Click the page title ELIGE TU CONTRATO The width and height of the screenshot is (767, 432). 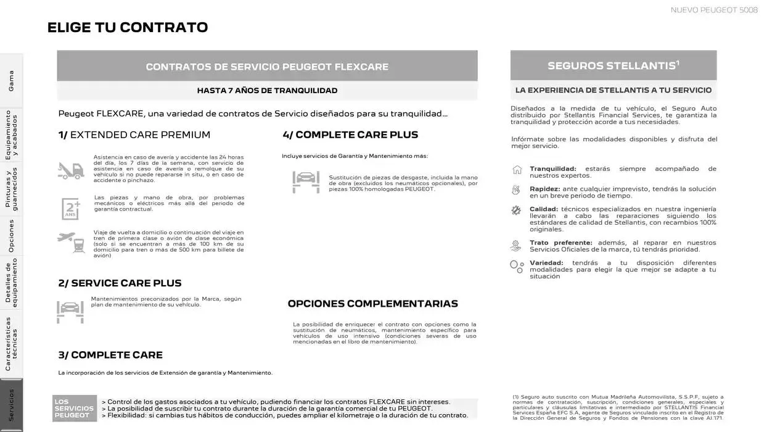coord(128,27)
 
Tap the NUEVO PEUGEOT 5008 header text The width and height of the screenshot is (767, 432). coord(714,10)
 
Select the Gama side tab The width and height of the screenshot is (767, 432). coord(11,81)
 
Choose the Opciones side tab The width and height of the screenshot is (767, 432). coord(11,235)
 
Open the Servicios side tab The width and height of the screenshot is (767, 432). coord(11,405)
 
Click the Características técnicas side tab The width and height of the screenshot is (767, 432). coord(11,344)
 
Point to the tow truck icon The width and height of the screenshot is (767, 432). coord(70,170)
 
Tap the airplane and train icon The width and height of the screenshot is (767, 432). coord(70,241)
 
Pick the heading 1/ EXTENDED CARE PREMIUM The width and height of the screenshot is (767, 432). coord(134,135)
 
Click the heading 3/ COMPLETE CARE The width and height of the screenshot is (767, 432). coord(110,355)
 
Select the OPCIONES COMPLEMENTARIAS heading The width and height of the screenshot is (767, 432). coord(372,304)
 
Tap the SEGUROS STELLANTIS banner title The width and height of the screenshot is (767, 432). coord(613,65)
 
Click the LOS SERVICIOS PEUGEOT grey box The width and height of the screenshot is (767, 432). coord(75,409)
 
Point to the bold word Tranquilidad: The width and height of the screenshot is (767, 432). coord(552,168)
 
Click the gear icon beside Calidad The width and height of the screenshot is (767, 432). coord(516,210)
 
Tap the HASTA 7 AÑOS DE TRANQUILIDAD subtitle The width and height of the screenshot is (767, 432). coord(267,91)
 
